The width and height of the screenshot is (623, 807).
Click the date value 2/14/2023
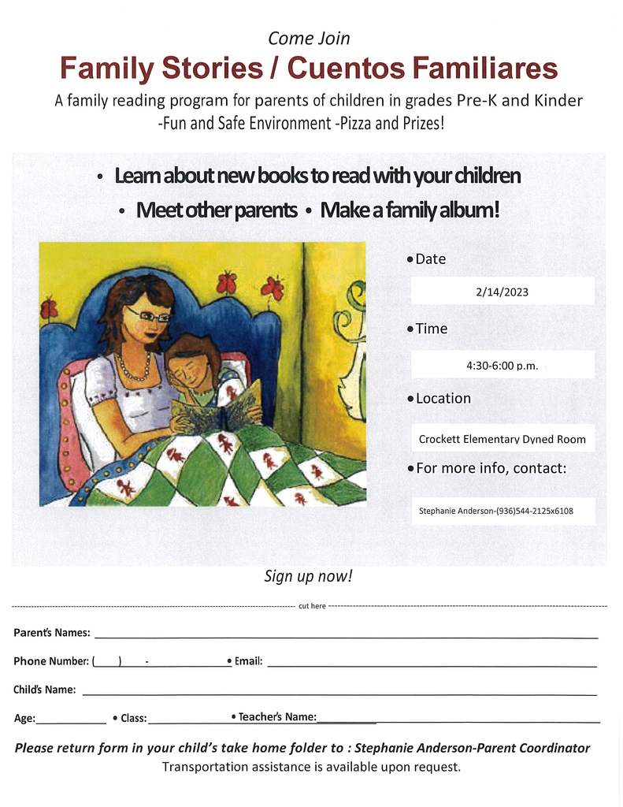[502, 292]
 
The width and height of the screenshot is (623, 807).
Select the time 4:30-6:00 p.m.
[502, 366]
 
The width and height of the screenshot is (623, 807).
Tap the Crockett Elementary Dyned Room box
[502, 439]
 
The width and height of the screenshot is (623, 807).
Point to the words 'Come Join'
[309, 38]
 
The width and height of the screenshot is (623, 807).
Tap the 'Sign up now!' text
[308, 576]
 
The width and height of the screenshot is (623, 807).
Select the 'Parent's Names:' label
[52, 633]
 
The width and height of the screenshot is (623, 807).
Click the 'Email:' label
[248, 661]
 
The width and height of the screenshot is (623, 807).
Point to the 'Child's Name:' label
[45, 690]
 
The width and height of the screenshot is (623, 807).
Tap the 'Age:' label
[24, 718]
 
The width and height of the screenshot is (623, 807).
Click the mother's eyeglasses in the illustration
[149, 315]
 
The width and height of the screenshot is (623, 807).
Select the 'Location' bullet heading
[443, 399]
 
